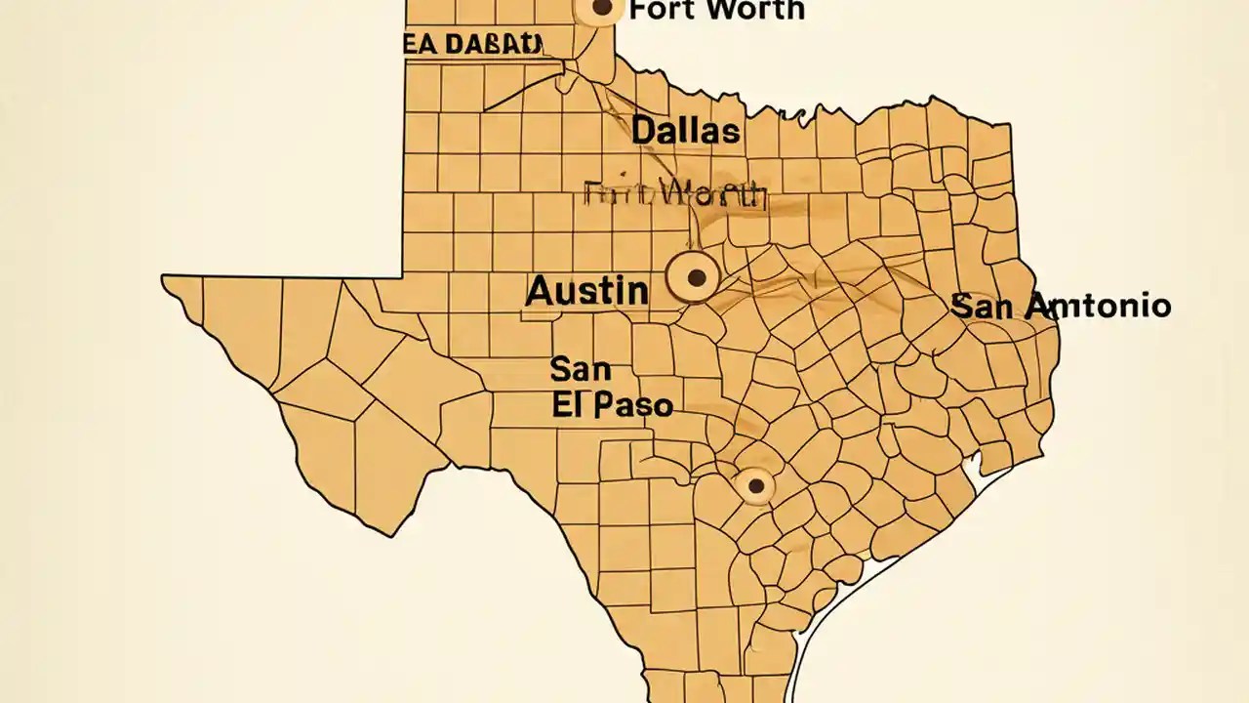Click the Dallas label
pyautogui.click(x=685, y=131)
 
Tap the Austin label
pyautogui.click(x=586, y=291)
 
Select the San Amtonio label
pyautogui.click(x=1061, y=306)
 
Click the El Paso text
pyautogui.click(x=612, y=405)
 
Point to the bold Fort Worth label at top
pyautogui.click(x=717, y=11)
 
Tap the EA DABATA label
pyautogui.click(x=471, y=45)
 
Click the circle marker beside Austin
pyautogui.click(x=696, y=278)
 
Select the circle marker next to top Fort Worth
pyautogui.click(x=602, y=9)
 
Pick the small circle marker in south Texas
pyautogui.click(x=755, y=485)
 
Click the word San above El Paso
pyautogui.click(x=581, y=369)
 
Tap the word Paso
pyautogui.click(x=632, y=405)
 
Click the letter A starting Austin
pyautogui.click(x=540, y=291)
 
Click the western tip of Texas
pyautogui.click(x=164, y=279)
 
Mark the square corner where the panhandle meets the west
pyautogui.click(x=402, y=275)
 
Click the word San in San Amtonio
pyautogui.click(x=984, y=306)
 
